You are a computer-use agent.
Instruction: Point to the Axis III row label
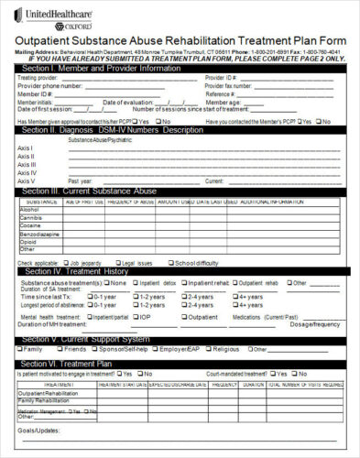[27, 164]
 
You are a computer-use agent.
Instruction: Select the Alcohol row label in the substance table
[30, 209]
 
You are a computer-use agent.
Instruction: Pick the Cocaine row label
[30, 224]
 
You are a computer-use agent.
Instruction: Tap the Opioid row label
[28, 240]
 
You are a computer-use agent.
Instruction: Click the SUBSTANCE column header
[42, 201]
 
